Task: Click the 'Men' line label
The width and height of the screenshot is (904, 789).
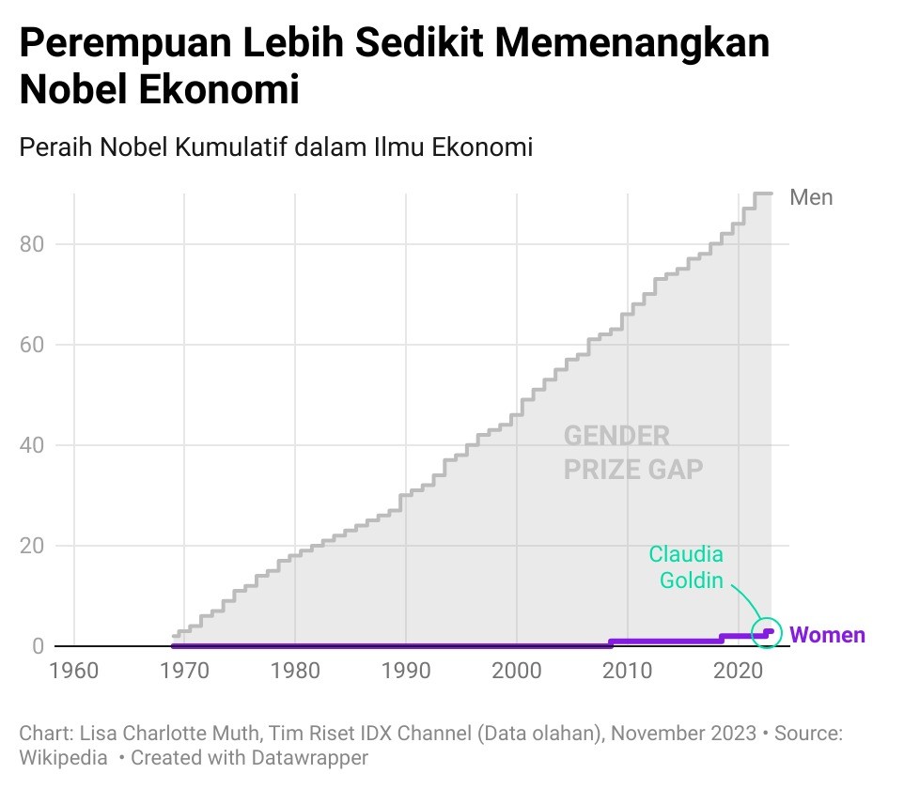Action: (811, 197)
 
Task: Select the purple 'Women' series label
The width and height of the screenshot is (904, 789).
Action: (827, 635)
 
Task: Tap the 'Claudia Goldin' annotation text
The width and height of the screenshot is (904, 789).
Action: (688, 566)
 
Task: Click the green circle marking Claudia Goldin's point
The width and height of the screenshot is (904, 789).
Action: (768, 632)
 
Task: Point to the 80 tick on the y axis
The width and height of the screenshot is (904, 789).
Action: (31, 244)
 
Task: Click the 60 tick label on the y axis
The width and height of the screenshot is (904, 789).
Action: (31, 345)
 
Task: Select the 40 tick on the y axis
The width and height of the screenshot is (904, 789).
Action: (31, 445)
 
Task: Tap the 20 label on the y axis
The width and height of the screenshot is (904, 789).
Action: (31, 546)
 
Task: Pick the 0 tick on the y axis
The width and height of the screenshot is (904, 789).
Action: (39, 646)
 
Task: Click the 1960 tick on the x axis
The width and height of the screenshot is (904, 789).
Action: (73, 673)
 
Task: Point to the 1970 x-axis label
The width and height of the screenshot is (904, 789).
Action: (184, 673)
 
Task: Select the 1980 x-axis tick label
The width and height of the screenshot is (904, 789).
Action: (295, 673)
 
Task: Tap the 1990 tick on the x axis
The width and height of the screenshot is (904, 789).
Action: (406, 673)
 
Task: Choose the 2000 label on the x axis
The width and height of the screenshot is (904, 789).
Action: (517, 673)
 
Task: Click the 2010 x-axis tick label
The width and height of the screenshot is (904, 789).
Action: (628, 673)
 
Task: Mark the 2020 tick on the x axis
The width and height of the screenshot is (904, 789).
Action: (739, 673)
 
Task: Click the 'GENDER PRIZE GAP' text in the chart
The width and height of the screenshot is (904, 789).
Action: (632, 452)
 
